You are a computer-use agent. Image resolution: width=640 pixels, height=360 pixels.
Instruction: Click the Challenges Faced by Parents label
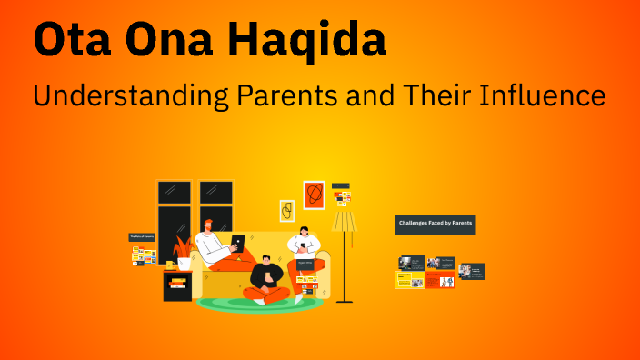tap(435, 223)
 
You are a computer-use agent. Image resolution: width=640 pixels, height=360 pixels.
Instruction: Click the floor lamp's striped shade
tap(345, 221)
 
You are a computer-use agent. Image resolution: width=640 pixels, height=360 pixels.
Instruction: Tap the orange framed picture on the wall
tap(314, 194)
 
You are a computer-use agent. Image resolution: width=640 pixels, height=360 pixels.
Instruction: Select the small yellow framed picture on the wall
tap(286, 211)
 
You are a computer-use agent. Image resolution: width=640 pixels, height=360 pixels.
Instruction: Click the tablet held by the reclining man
tap(237, 243)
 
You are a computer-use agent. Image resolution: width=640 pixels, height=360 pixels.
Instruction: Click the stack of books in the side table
tap(176, 285)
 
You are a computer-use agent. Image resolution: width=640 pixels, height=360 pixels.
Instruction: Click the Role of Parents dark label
tap(144, 236)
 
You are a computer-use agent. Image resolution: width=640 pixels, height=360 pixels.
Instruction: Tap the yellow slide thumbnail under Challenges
tap(404, 280)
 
